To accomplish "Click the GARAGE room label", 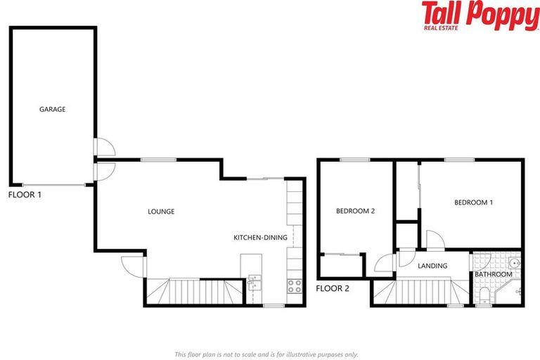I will (x=52, y=110).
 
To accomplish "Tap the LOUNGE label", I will (x=161, y=212).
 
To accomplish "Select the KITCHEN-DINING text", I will (x=260, y=238).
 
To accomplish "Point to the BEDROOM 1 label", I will (x=473, y=203).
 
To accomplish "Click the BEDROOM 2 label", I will (x=354, y=210).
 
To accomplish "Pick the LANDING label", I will (x=433, y=266).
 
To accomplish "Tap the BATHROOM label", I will (x=493, y=274).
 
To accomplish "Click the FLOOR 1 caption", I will (x=25, y=195).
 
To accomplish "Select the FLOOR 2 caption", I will (x=333, y=288).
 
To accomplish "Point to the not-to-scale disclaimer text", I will (x=266, y=354).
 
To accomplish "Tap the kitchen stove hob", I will (x=294, y=285).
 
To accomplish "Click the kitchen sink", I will (x=254, y=284).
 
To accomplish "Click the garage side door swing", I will (x=106, y=146).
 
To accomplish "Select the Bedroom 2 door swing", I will (x=385, y=262).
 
